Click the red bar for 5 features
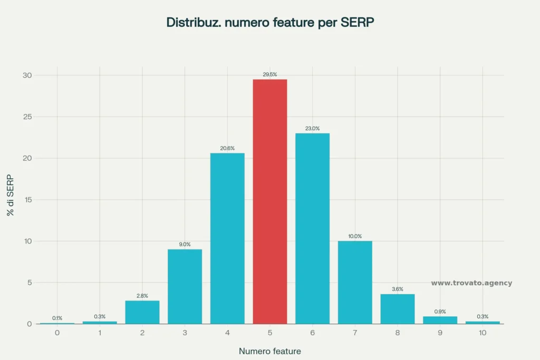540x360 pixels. [x=269, y=201]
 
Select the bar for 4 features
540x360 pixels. [x=227, y=238]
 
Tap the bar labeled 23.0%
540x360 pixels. [x=312, y=228]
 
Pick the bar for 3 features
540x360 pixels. [x=185, y=286]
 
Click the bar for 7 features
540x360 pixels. [x=355, y=282]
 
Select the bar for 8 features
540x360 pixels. [x=398, y=309]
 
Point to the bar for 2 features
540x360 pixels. [x=142, y=312]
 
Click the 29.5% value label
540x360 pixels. [x=269, y=74]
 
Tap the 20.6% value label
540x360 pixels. [x=227, y=148]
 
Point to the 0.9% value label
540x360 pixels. [x=440, y=312]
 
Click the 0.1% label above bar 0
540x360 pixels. [x=57, y=318]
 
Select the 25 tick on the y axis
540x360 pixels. [x=28, y=117]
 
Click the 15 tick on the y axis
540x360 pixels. [x=28, y=200]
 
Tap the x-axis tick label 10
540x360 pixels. [x=483, y=333]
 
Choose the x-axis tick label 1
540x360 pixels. [x=100, y=333]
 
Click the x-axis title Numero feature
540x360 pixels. [x=269, y=351]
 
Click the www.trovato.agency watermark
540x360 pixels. [x=471, y=283]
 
